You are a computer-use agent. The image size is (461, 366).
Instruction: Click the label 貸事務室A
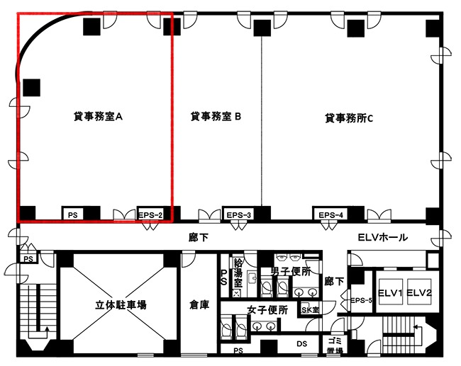coord(98,117)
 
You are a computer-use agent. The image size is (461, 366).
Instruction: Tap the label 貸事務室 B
coord(216,117)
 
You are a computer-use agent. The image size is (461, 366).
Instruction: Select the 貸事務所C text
coord(349,118)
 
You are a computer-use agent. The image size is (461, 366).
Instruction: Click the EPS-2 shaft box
coord(150,214)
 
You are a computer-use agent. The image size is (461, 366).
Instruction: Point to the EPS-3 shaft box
coord(239,214)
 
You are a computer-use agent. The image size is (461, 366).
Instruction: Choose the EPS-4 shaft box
coord(331,214)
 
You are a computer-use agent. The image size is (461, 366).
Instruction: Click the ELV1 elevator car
coord(390,292)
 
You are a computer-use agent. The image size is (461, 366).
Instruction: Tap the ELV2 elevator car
coord(419,292)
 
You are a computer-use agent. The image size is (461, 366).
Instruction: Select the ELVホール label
coord(383,237)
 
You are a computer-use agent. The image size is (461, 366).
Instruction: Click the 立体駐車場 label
coord(121,305)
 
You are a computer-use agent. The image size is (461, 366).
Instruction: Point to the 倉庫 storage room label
coord(199,305)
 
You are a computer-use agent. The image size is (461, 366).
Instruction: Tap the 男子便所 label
coord(291,272)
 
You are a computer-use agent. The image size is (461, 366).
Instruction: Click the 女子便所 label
coord(267,310)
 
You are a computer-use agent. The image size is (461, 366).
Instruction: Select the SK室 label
coord(311,310)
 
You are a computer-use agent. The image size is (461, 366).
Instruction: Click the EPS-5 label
coord(361,300)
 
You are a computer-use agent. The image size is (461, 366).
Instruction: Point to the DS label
coord(301,343)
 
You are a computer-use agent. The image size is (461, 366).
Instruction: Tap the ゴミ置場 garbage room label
coord(335,345)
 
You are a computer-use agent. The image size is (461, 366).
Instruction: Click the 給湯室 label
coord(238,273)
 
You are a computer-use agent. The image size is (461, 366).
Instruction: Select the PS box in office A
coord(72,215)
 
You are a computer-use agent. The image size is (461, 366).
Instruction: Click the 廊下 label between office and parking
coord(199,237)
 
